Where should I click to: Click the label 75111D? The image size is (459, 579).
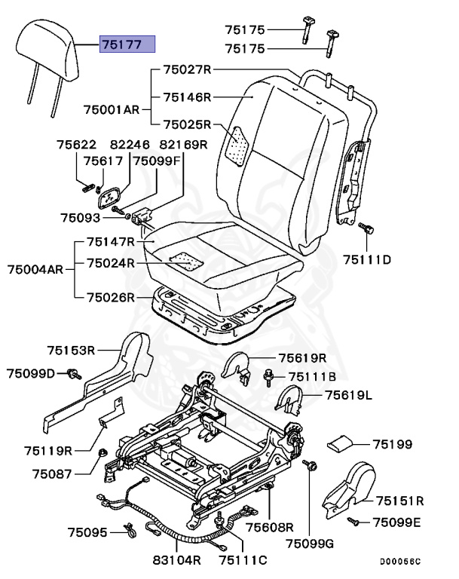point(367,260)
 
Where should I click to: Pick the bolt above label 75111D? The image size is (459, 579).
point(366,228)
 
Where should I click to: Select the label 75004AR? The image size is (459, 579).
point(35,269)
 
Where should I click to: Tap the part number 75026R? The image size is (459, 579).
point(110,297)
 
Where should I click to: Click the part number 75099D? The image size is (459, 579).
point(32,373)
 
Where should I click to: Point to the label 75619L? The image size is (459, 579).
point(349,394)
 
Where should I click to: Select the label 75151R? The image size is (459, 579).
point(400,500)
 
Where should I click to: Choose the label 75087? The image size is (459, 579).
point(51,473)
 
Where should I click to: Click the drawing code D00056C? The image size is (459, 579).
point(399,562)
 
